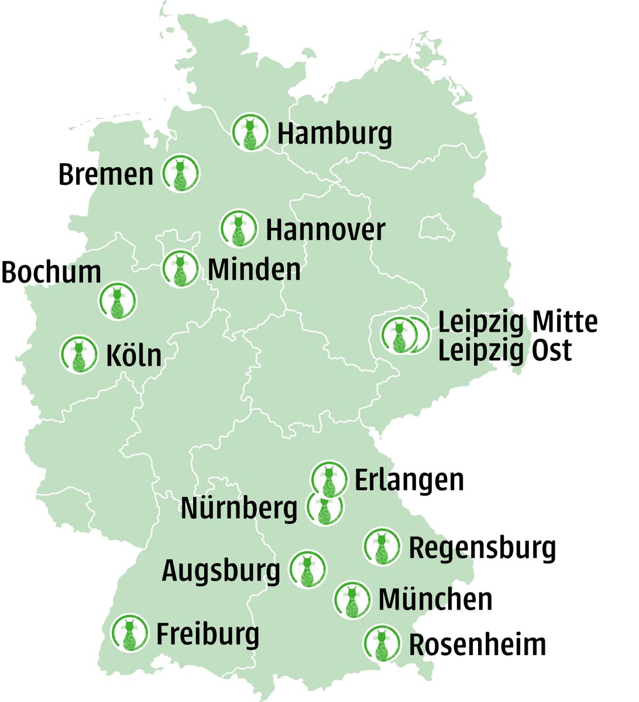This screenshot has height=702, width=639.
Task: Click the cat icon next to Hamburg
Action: pyautogui.click(x=250, y=132)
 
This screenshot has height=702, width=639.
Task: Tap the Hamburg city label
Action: pyautogui.click(x=334, y=134)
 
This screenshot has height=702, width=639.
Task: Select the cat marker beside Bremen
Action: pyautogui.click(x=180, y=174)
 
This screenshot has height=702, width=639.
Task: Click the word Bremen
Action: pyautogui.click(x=106, y=175)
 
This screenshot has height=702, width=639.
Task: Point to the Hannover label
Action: pyautogui.click(x=325, y=230)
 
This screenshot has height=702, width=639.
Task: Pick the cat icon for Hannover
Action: pyautogui.click(x=239, y=228)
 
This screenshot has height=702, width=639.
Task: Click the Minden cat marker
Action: pyautogui.click(x=180, y=269)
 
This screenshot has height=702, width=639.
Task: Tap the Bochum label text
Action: pyautogui.click(x=51, y=273)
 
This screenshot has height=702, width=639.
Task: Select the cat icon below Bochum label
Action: pyautogui.click(x=118, y=301)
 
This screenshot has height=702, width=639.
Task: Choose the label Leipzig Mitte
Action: pyautogui.click(x=518, y=322)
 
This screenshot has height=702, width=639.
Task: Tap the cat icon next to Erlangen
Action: pyautogui.click(x=329, y=479)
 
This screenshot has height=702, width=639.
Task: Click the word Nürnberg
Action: pyautogui.click(x=239, y=508)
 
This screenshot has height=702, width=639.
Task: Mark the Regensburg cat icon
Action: pyautogui.click(x=382, y=546)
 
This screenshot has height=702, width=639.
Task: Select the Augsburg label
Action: pyautogui.click(x=221, y=570)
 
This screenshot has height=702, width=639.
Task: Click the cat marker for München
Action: pyautogui.click(x=352, y=599)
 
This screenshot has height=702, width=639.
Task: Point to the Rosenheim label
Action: pyautogui.click(x=477, y=644)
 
